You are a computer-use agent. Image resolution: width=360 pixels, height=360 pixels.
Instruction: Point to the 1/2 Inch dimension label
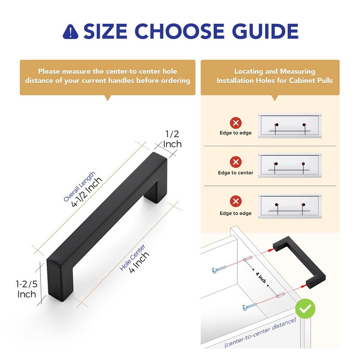[x=172, y=139]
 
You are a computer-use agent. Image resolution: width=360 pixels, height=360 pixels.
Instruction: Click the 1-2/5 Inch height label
[x=27, y=289]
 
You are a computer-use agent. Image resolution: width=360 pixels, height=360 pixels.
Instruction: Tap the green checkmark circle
[x=305, y=309]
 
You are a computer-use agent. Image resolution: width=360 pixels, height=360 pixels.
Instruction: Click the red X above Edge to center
[x=235, y=162]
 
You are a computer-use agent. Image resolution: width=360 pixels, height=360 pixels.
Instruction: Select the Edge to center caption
[x=235, y=173]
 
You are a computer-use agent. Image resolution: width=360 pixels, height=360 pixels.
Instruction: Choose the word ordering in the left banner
[x=174, y=81]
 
